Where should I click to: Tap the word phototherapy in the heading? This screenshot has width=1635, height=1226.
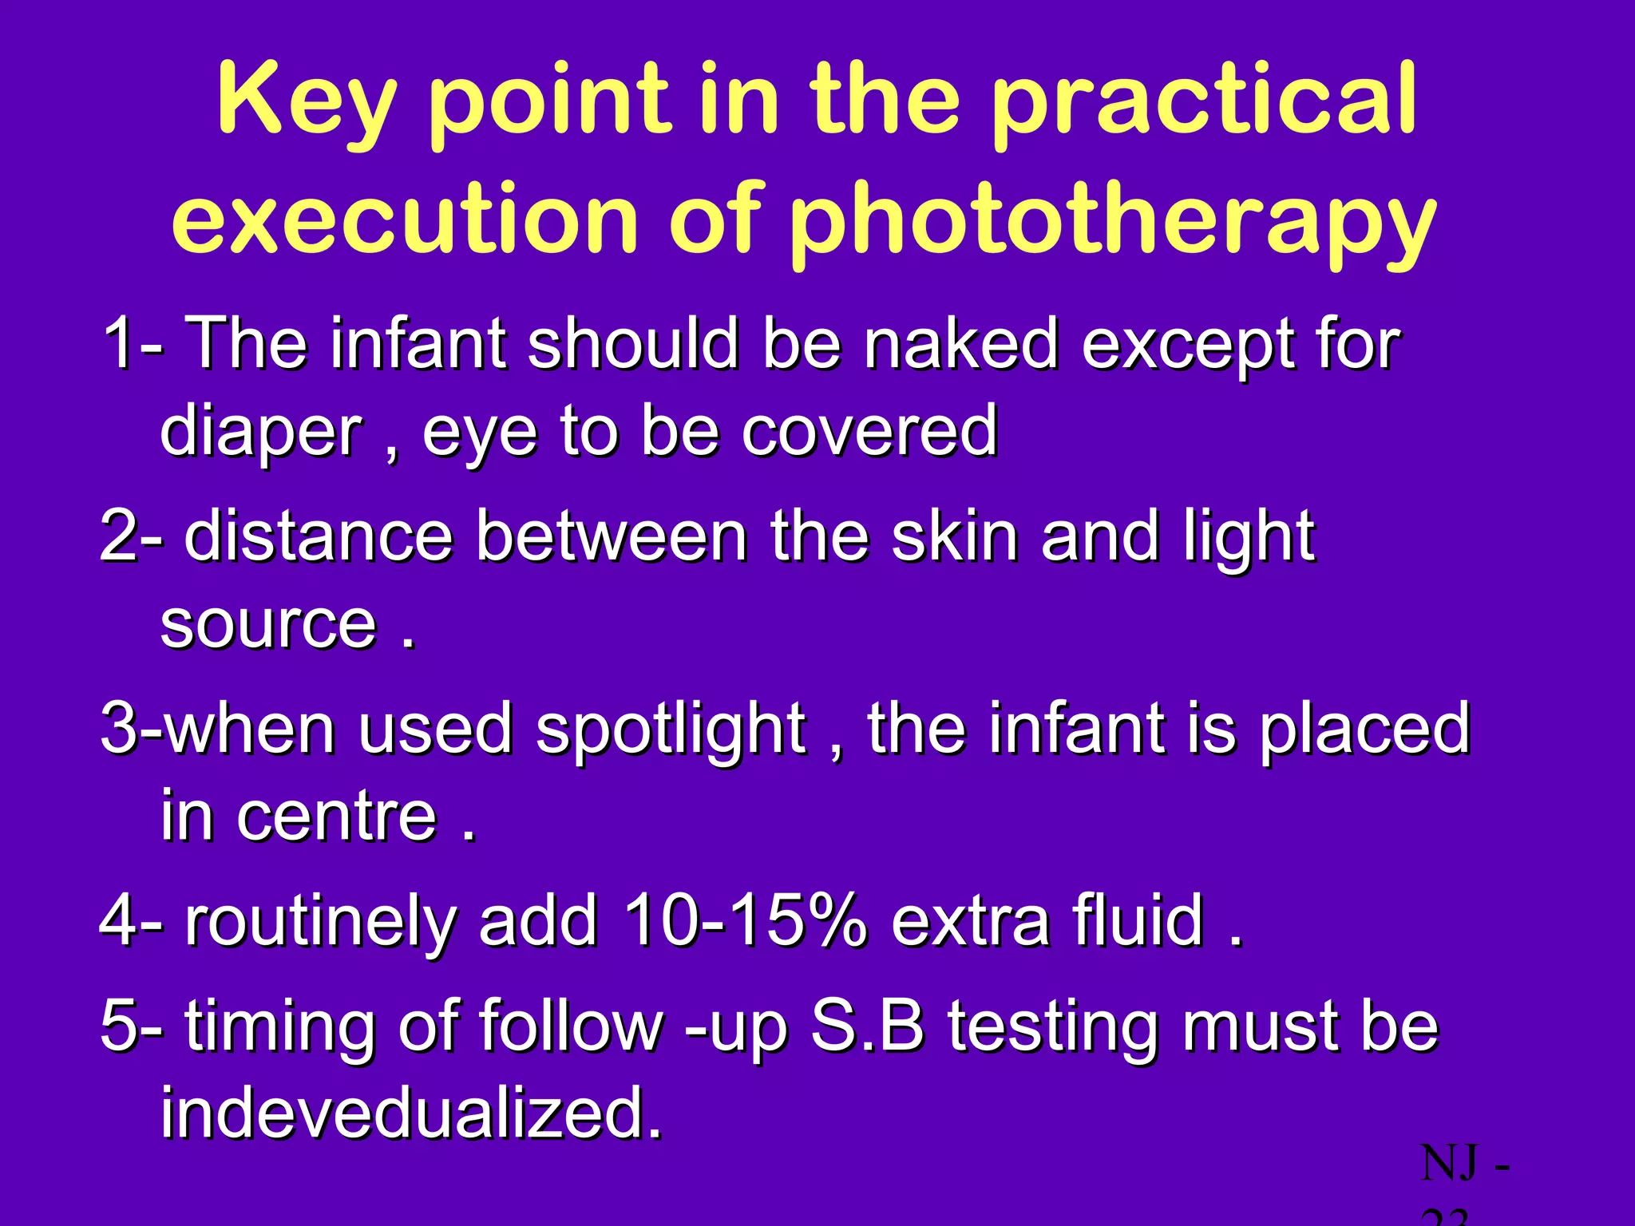1113,220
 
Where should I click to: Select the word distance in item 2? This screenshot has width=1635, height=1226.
319,536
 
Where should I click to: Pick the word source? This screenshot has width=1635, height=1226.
268,625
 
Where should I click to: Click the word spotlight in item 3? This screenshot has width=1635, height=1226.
671,730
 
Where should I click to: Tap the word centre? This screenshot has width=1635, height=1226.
336,817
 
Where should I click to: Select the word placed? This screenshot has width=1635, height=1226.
1364,730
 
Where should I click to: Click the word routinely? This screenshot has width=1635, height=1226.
320,923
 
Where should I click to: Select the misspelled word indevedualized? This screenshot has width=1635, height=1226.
411,1113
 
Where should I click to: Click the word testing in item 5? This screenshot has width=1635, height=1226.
1053,1027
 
